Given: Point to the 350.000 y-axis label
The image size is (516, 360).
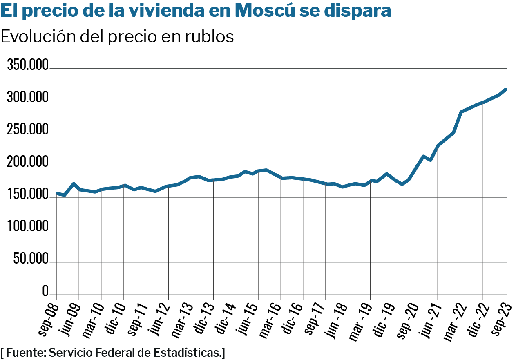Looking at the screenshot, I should point(28,65).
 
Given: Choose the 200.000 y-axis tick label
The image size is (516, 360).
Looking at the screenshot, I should point(28,163).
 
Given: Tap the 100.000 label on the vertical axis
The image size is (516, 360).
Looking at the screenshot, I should point(28,227).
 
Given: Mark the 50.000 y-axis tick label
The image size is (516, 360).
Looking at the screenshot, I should point(31,259).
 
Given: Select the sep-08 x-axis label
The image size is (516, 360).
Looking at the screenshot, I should point(49,319).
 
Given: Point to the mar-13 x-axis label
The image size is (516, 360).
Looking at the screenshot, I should point(183,319).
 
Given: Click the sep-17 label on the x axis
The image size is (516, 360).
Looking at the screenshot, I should point(317,319).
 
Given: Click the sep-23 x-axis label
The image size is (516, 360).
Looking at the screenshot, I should point(497,319).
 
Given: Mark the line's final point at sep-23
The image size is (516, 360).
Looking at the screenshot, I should point(505,89).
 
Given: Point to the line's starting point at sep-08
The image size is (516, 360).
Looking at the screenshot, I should point(57,193).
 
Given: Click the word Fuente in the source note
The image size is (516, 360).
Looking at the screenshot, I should point(25,352).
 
